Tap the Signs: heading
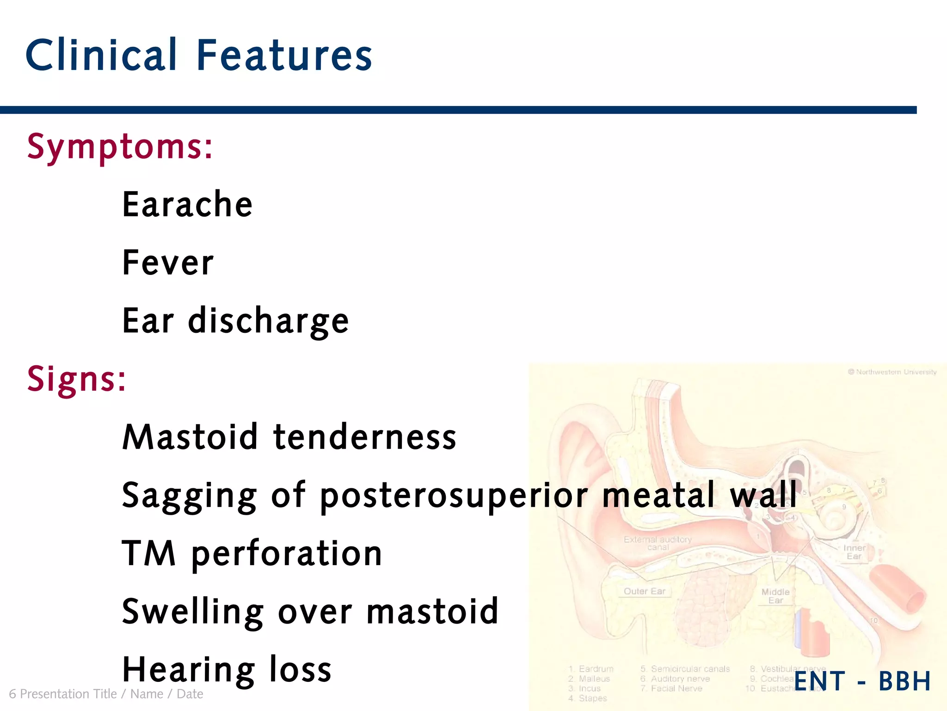76,379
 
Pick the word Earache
187,205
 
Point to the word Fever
168,262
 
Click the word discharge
268,321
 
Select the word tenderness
365,437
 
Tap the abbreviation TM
149,553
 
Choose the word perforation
287,554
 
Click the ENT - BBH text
862,681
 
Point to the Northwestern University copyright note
892,372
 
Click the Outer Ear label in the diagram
644,591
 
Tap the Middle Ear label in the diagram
775,596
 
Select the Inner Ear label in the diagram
854,552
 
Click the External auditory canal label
658,543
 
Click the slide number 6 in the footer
12,694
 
